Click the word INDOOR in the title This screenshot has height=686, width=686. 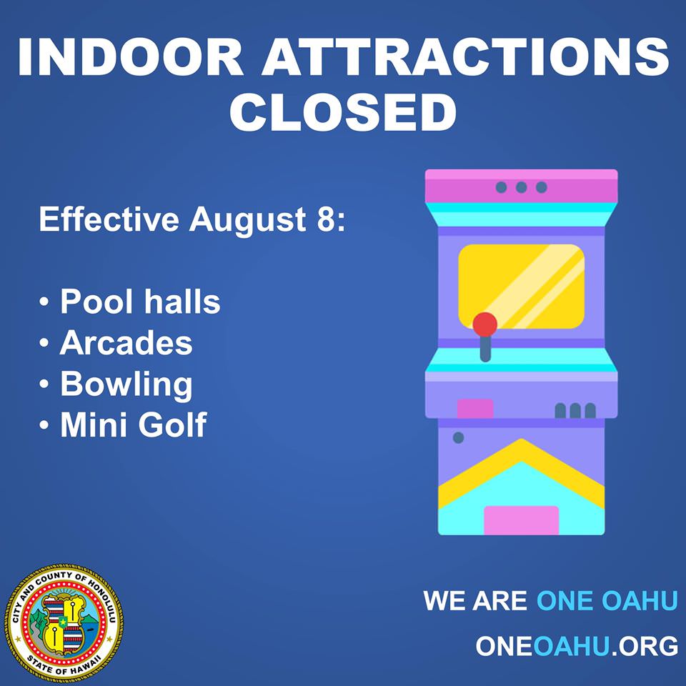point(130,57)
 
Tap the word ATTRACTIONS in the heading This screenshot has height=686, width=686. point(465,57)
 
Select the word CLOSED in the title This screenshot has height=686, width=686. point(343,111)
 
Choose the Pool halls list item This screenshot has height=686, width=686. point(139,302)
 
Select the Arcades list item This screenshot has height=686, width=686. point(126,342)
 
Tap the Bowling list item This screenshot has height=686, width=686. point(126,385)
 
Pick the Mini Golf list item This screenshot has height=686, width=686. point(133,424)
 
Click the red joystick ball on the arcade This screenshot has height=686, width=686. point(484,324)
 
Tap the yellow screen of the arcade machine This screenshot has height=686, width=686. point(521,287)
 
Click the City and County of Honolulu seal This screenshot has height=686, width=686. point(64,622)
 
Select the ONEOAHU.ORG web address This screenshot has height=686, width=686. point(576,646)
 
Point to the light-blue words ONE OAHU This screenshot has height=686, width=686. point(607,600)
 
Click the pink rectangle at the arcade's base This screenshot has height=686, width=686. point(521,520)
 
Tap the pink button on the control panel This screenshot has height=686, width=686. point(475,409)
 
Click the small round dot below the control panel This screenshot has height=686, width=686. point(458,437)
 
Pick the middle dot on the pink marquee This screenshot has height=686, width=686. point(521,187)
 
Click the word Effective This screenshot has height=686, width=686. point(109,219)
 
